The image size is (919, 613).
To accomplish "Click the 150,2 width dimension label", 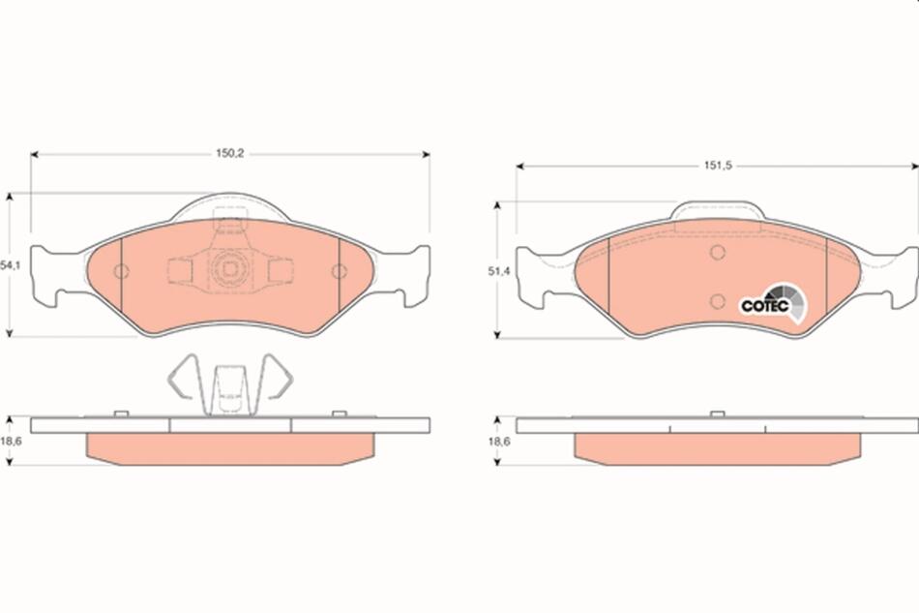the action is pos(230,154).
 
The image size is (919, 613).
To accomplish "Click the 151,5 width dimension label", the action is pos(718,166).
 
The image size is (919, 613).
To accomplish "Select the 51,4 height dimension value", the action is pos(500,271).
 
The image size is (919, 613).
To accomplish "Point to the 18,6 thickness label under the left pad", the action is pos(12,442).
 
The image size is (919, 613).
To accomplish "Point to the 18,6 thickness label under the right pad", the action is pos(500,442).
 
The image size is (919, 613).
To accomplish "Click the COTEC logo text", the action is pos(765,306).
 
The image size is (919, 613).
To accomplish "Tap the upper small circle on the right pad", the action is pos(718,253).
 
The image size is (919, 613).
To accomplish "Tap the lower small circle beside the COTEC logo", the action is pos(718,301).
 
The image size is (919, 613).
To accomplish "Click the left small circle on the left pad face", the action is pos(121,271).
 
